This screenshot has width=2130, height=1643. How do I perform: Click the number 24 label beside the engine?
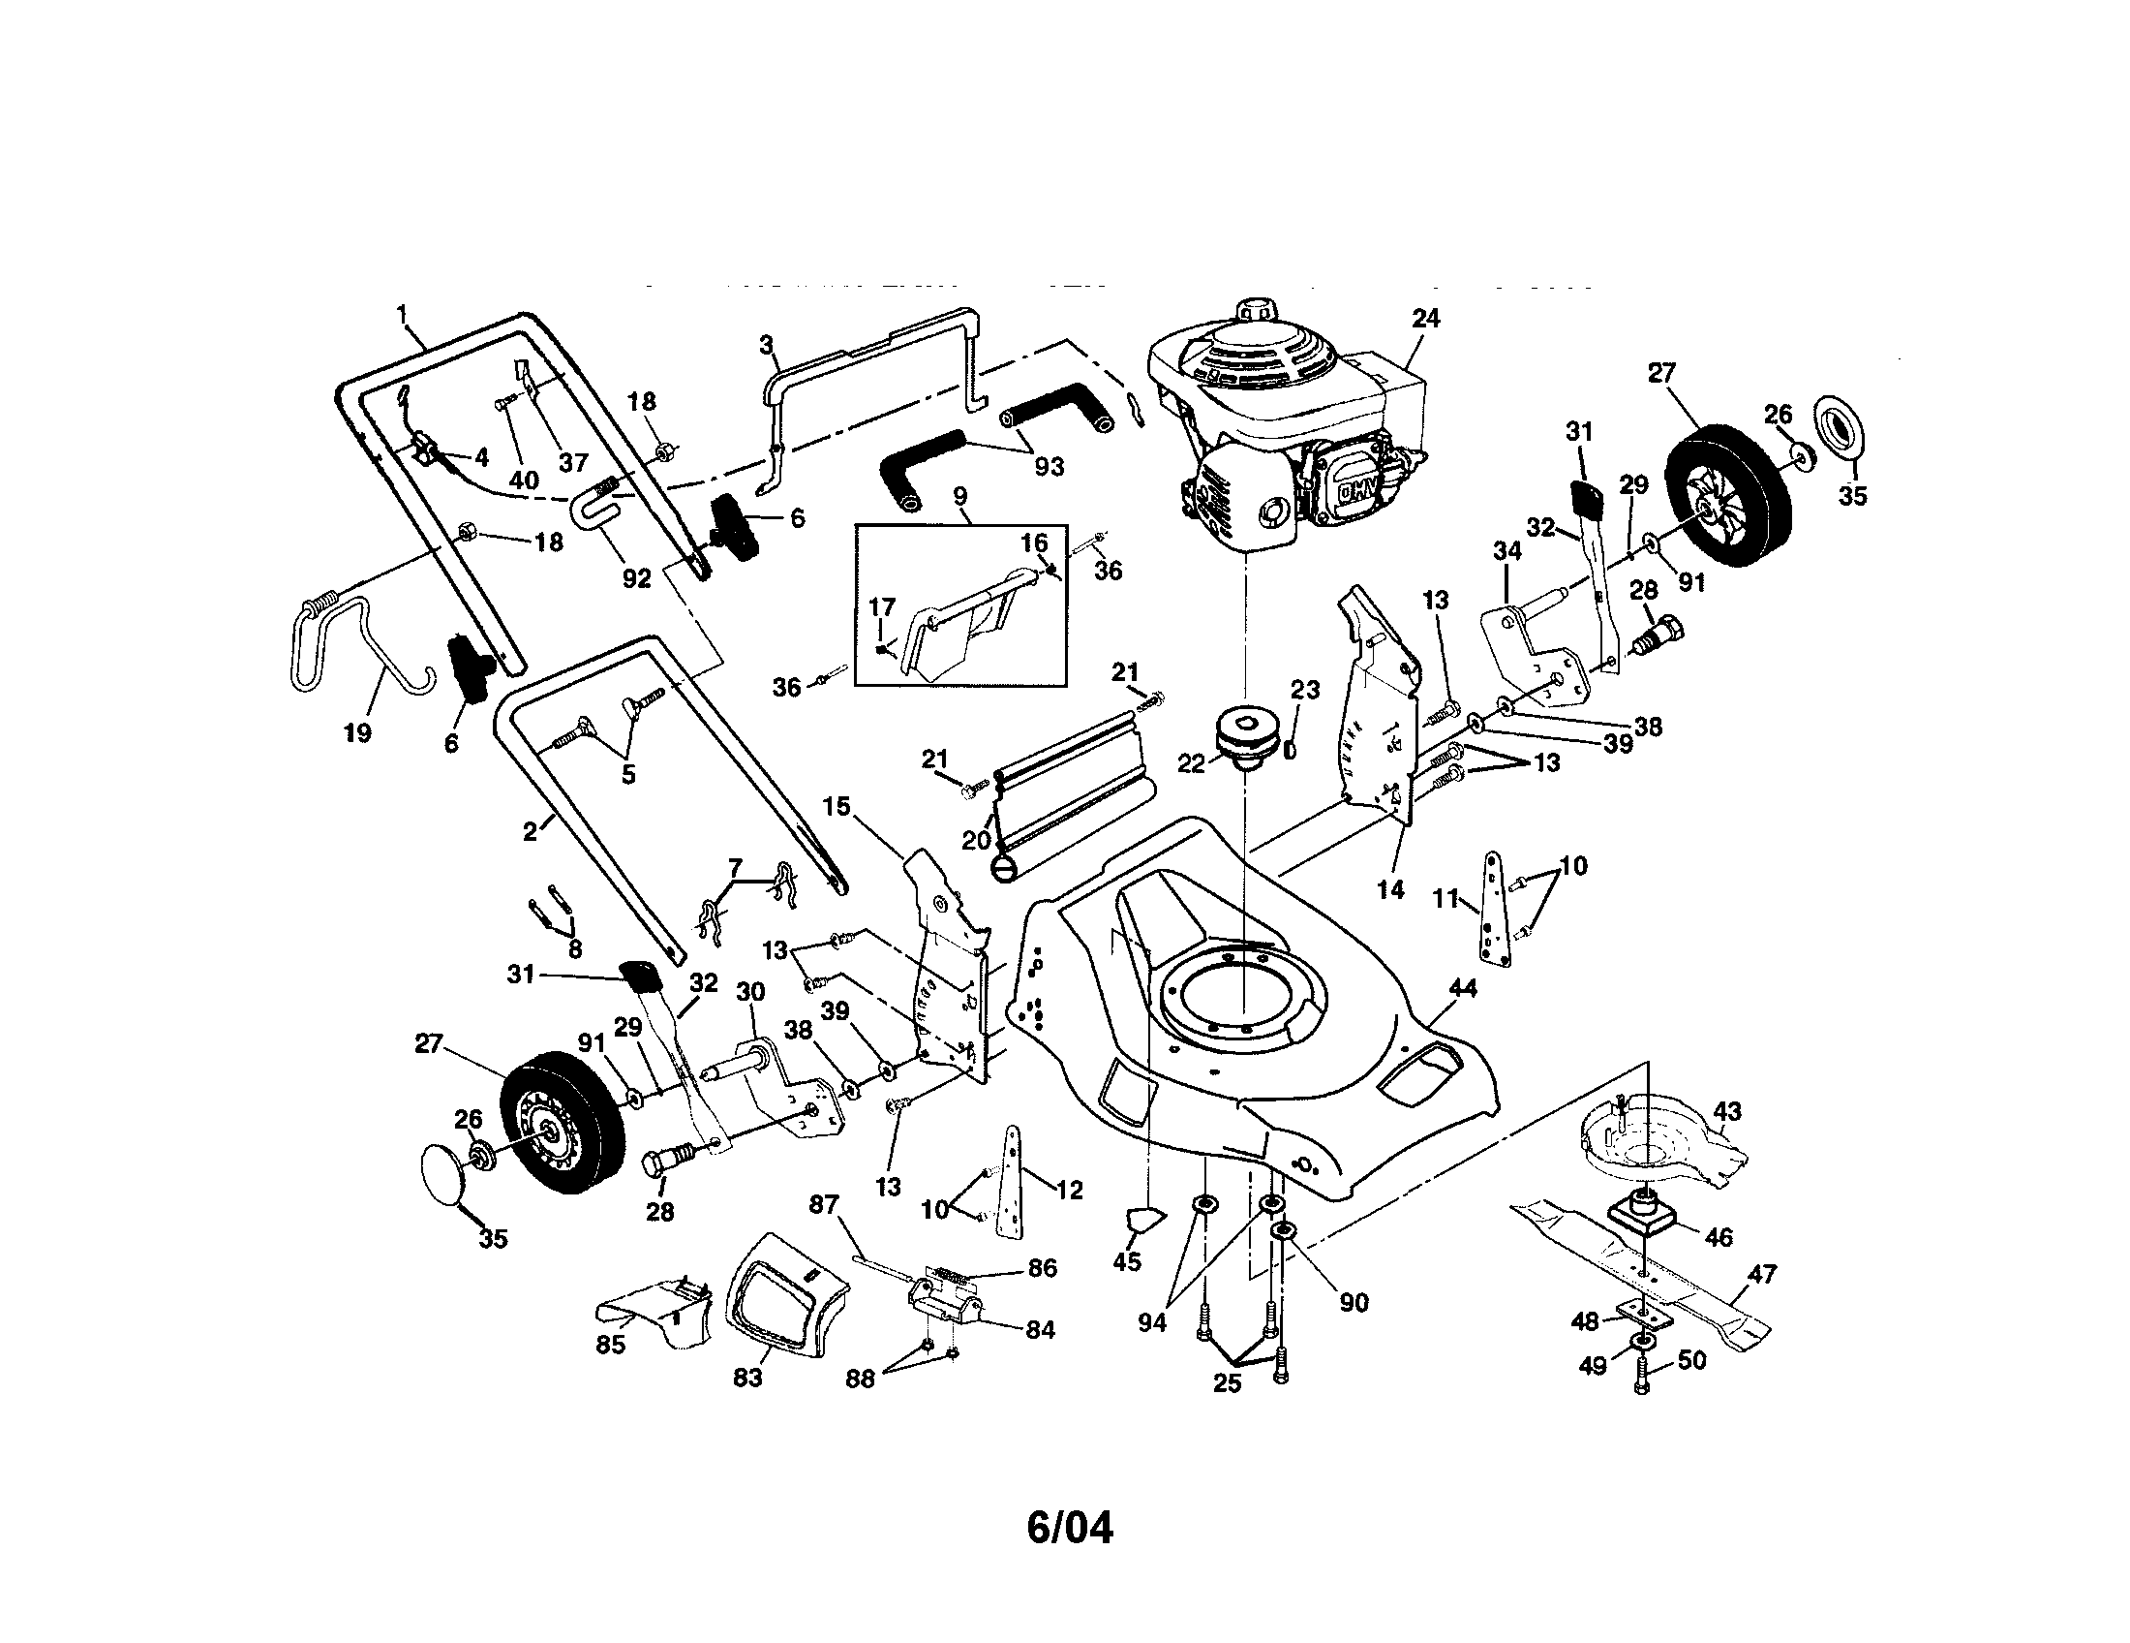click(x=1425, y=319)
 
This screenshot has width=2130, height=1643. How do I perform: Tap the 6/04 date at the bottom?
click(x=1069, y=1528)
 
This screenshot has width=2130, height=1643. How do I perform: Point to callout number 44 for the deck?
click(x=1463, y=988)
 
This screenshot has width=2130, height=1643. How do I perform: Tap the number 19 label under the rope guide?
click(x=358, y=731)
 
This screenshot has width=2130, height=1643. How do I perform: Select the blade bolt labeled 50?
click(x=1641, y=1381)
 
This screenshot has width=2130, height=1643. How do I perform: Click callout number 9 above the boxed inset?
click(x=959, y=497)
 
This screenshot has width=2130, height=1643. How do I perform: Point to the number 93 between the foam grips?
click(x=1049, y=466)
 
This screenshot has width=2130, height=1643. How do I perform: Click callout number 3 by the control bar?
click(x=767, y=345)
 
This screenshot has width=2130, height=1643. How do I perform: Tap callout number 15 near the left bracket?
click(x=836, y=807)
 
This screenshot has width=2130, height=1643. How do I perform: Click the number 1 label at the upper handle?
click(x=401, y=313)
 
